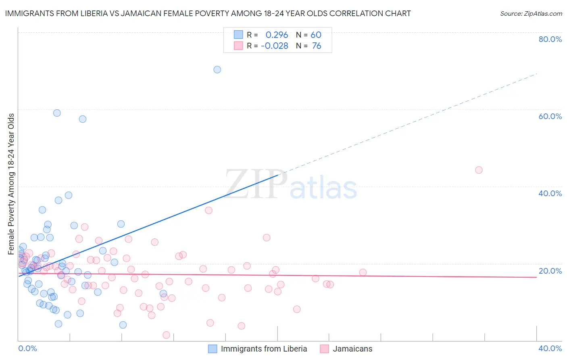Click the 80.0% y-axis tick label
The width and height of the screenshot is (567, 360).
550,39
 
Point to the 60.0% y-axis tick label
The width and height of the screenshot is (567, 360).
550,116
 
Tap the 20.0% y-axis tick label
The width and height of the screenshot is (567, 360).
550,271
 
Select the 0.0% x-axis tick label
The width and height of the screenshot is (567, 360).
27,348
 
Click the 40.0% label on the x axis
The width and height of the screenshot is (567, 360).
550,348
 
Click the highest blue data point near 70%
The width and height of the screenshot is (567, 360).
217,69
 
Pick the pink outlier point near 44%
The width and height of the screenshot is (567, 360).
479,170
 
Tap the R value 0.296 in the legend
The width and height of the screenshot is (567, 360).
277,35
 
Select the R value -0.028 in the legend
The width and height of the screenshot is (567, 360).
275,46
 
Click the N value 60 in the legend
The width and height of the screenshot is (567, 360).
316,35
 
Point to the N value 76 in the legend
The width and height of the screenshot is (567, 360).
317,46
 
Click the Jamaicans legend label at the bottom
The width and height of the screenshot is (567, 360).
352,349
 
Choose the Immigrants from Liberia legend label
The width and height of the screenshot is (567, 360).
264,349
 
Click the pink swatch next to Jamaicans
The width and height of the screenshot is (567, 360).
324,349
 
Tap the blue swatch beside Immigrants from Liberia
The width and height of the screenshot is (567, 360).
213,349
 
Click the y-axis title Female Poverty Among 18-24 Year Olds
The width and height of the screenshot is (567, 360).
11,184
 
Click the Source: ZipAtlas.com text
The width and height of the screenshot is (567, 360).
531,14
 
